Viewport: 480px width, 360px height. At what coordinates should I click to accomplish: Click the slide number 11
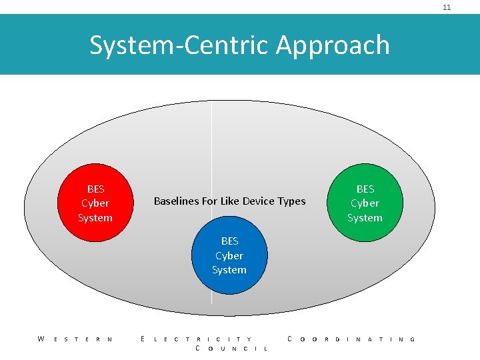[447, 7]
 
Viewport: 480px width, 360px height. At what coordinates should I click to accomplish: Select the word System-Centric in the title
[181, 45]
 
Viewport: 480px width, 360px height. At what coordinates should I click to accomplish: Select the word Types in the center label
[293, 201]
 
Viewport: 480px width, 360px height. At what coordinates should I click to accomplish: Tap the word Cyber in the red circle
[95, 203]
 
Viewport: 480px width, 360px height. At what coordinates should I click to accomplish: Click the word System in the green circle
[365, 218]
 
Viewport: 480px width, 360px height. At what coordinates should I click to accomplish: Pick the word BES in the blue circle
[229, 241]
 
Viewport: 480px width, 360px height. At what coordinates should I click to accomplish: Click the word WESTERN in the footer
[75, 339]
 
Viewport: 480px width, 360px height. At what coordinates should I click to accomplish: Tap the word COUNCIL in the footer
[231, 349]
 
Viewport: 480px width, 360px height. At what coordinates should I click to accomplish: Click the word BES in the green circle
[365, 189]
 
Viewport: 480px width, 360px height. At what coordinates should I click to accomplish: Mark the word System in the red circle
[95, 218]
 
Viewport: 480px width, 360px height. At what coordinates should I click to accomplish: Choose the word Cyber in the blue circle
[229, 255]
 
